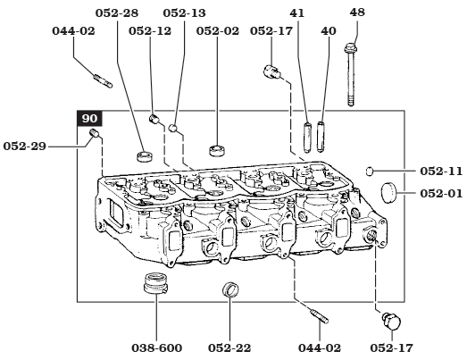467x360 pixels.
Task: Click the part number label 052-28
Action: click(116, 13)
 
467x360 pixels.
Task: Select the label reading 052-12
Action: click(149, 30)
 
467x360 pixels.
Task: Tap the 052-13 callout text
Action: click(184, 13)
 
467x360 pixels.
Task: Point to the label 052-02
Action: click(218, 30)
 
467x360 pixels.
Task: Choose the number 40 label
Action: click(328, 30)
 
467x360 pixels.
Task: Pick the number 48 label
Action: click(357, 13)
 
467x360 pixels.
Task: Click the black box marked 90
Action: click(89, 118)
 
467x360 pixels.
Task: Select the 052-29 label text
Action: click(25, 145)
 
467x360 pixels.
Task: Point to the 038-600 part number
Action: click(157, 347)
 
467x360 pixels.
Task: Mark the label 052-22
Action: click(229, 347)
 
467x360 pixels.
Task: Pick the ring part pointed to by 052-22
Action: click(229, 290)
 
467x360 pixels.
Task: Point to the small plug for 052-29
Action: click(96, 135)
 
